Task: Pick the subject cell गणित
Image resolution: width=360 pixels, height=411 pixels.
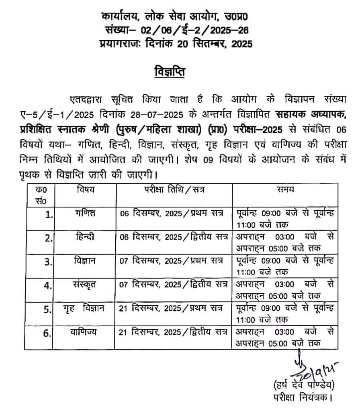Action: [x=85, y=213]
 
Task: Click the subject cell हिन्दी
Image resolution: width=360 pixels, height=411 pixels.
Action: [x=85, y=237]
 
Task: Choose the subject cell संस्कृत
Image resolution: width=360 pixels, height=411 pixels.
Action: [x=85, y=285]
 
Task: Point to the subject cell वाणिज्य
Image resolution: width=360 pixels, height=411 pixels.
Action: [x=85, y=332]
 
